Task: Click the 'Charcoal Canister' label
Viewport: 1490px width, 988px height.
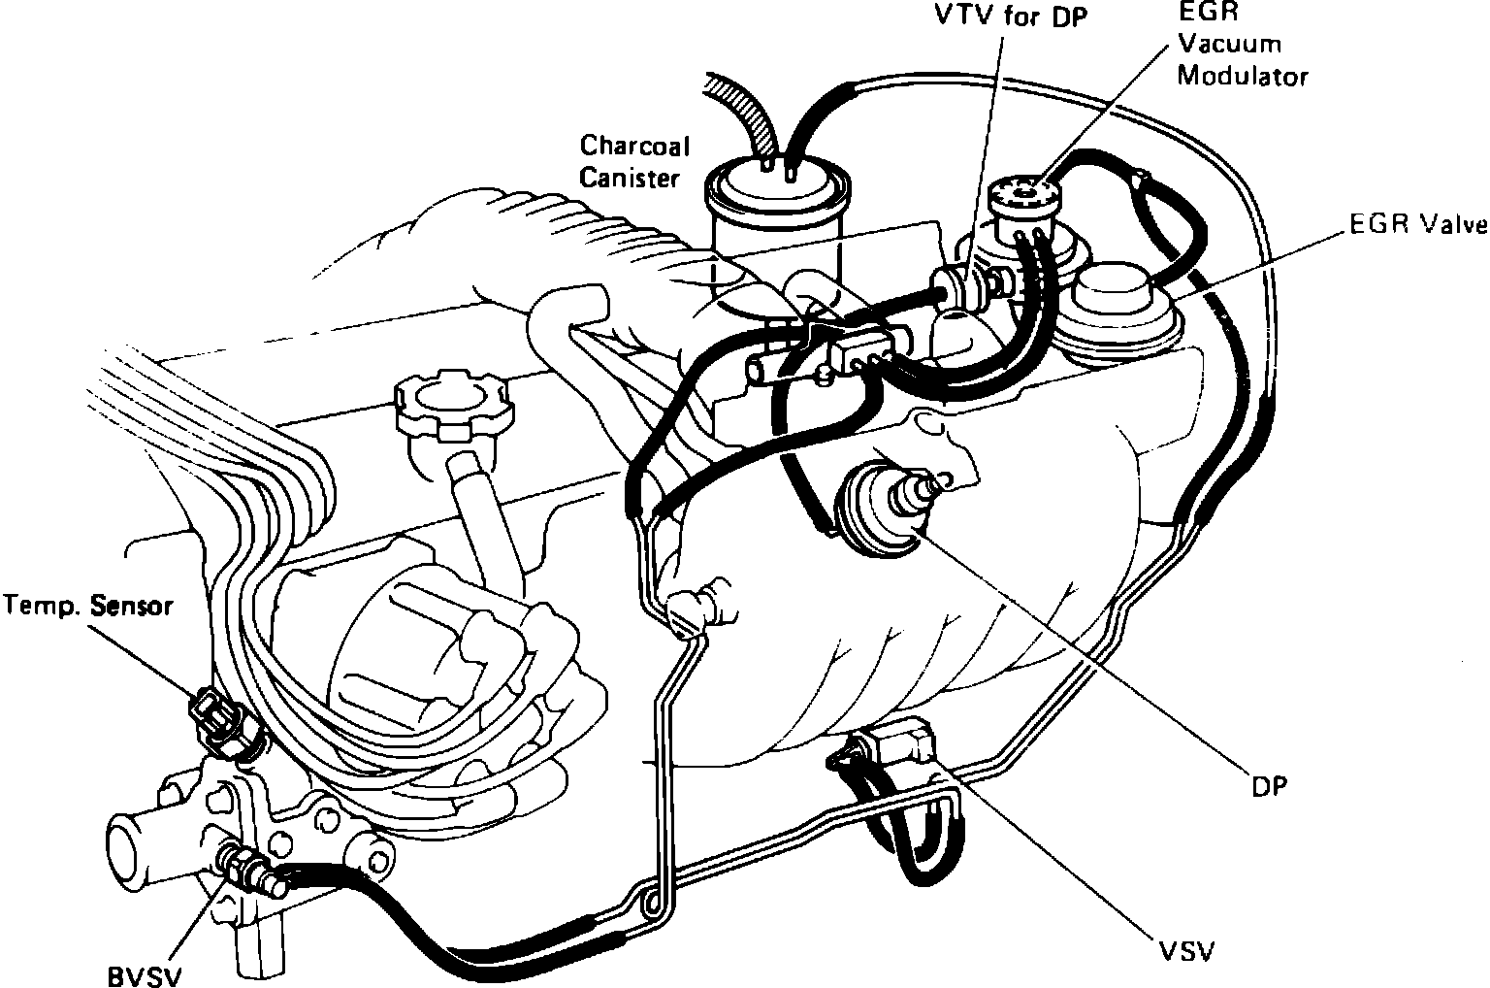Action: point(634,162)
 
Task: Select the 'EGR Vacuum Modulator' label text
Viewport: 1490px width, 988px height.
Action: point(1242,45)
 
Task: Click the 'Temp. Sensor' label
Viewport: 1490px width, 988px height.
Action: point(87,607)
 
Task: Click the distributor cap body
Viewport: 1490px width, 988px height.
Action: point(407,641)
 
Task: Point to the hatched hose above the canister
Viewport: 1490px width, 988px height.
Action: point(742,112)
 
